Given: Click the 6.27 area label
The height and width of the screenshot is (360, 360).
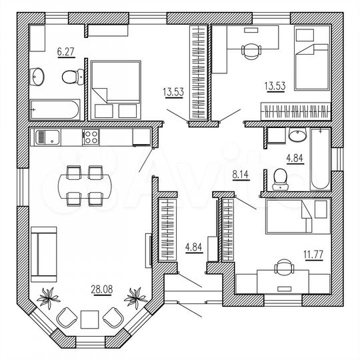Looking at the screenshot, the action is click(66, 52).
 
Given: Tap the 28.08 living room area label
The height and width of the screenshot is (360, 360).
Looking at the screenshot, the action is click(102, 289).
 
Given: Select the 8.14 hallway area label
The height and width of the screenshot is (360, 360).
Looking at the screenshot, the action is click(241, 175).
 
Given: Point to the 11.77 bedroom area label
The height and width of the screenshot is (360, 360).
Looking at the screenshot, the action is click(313, 255).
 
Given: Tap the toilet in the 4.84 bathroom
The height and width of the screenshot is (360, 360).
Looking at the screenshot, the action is click(280, 179).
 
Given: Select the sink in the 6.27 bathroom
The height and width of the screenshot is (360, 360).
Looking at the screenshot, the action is click(37, 77).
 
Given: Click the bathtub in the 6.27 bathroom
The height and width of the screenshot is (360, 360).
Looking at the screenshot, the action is click(55, 109).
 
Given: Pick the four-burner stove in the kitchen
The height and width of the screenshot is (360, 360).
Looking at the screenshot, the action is click(91, 137).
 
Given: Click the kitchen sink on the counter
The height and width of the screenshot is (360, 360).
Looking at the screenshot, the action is click(48, 137).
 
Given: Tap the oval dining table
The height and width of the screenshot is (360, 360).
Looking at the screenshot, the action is click(85, 186).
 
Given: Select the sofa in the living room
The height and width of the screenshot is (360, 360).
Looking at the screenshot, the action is click(43, 255).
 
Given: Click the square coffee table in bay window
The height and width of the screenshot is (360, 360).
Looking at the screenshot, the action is click(89, 319).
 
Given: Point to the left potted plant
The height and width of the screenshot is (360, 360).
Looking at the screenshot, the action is click(48, 297).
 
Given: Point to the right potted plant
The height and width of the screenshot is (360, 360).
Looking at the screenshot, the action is click(135, 297).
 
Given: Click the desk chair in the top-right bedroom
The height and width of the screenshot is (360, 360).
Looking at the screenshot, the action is click(251, 51).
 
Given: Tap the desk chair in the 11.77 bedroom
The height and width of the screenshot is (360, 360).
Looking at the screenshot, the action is click(284, 267).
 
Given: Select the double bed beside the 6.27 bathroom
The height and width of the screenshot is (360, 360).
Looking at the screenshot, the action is click(116, 90).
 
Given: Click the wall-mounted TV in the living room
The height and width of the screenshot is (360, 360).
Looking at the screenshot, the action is click(148, 251).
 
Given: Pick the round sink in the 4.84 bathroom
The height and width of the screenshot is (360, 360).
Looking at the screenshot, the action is click(297, 135).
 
